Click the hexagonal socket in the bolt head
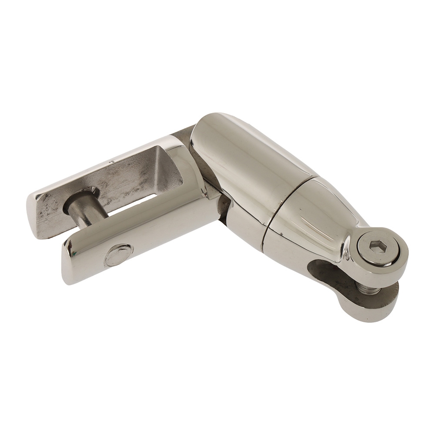click(x=377, y=248)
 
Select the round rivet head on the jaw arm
click(x=118, y=255)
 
